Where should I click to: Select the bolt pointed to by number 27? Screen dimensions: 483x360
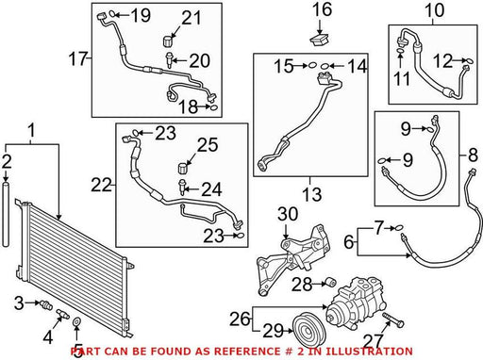392,319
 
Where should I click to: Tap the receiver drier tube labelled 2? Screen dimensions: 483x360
6,214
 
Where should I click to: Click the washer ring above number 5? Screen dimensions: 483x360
76,321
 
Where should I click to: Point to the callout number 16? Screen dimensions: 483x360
322,9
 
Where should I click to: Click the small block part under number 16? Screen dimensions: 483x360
320,41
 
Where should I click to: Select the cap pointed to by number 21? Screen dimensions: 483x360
169,41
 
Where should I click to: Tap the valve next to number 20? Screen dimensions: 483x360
169,60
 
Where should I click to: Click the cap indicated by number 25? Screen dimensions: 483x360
183,168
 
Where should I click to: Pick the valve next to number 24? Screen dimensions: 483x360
182,188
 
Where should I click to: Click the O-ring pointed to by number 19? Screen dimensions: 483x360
112,13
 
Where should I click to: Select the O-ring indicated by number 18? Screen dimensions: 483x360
213,107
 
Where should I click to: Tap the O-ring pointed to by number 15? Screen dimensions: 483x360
311,66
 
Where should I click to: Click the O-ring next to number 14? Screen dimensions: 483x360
325,66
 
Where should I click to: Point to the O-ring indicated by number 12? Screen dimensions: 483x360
469,60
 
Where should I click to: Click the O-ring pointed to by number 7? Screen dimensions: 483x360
399,228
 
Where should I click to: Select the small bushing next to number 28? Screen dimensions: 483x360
330,282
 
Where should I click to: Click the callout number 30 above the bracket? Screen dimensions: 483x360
288,214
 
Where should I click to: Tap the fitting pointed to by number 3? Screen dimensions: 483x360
46,304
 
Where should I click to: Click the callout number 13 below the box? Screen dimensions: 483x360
311,194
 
